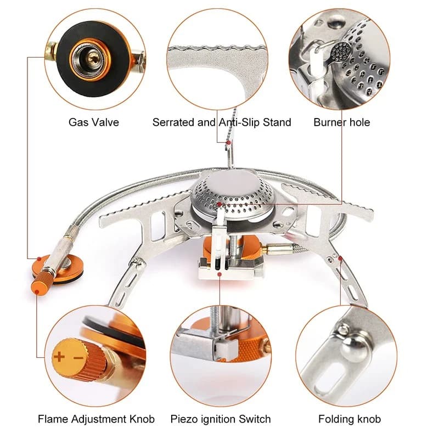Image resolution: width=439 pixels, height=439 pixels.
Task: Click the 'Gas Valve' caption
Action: click(x=93, y=122)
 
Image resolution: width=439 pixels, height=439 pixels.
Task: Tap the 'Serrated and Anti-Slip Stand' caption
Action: click(x=222, y=122)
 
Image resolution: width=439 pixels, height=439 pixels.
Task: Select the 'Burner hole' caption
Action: click(x=341, y=122)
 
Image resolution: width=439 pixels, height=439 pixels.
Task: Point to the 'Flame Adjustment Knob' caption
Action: click(x=96, y=419)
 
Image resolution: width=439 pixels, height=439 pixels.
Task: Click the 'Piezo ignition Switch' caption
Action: click(x=220, y=419)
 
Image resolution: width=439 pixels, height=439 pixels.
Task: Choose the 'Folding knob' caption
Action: click(x=349, y=419)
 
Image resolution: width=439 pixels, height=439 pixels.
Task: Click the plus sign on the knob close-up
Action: click(x=59, y=356)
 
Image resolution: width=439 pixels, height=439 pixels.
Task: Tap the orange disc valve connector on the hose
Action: click(x=69, y=267)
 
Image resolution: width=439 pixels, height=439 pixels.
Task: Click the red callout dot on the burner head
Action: click(x=219, y=204)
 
